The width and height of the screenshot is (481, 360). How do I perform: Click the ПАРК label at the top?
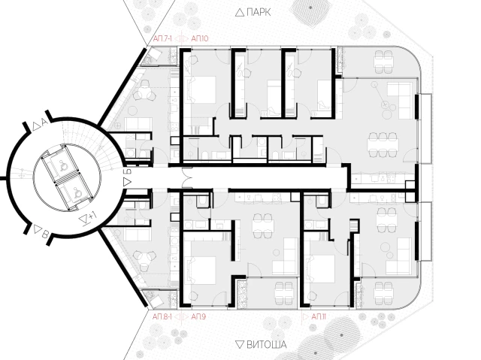259,12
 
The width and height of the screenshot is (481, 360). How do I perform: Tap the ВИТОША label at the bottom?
267,344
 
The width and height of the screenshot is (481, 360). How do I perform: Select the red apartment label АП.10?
199,38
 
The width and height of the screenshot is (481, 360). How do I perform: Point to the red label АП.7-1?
162,38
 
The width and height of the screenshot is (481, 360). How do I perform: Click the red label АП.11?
319,316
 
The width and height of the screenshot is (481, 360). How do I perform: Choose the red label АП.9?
198,316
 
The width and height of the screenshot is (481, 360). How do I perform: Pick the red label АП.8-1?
162,316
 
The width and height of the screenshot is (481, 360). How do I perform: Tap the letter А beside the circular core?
44,123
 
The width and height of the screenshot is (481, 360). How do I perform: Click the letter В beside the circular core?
45,235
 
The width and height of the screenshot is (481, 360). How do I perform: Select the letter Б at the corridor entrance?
129,171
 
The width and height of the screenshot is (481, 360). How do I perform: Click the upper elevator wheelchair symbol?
64,165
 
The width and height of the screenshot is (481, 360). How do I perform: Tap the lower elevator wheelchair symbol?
77,192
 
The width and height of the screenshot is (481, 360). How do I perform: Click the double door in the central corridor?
186,177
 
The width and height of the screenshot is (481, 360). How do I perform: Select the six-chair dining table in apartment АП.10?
383,144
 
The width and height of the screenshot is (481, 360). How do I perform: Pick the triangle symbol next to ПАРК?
240,13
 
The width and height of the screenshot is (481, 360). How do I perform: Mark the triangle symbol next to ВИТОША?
240,344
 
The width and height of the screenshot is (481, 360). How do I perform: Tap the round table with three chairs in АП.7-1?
146,91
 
